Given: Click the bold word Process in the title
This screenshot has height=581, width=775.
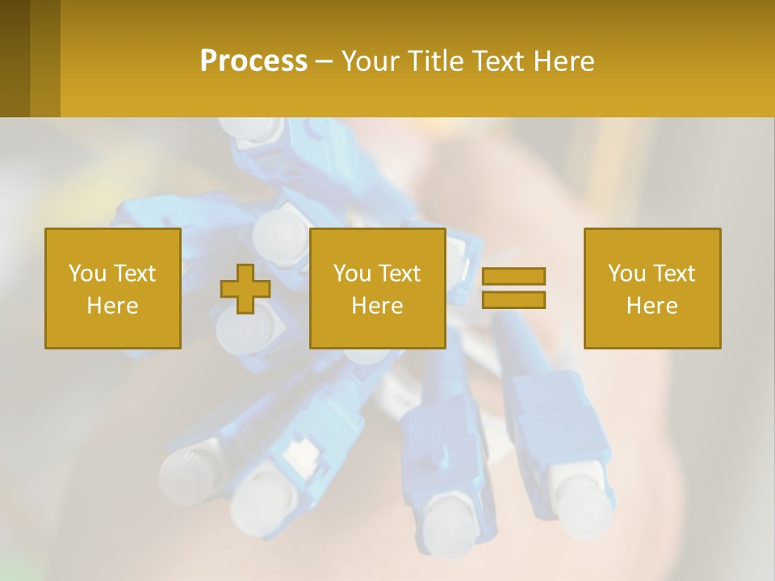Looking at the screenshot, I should coord(253,61).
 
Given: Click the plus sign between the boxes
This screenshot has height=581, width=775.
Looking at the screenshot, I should coord(245,289).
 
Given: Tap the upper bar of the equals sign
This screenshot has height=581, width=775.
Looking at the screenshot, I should coord(513,277).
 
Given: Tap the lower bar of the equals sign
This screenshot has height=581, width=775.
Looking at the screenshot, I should coord(513,299).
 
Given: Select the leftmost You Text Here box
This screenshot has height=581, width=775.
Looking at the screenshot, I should coord(113,289).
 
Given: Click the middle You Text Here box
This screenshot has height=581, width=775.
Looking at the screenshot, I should coord(378,289).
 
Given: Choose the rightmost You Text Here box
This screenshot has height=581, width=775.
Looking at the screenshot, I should coord(652,289).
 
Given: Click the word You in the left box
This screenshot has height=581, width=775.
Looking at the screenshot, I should coord(87,274).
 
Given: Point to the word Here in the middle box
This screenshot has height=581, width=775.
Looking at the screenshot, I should coord(378,306).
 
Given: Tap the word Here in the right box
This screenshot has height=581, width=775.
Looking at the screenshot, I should coord(652,306).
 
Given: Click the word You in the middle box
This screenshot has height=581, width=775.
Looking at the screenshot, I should coord(352,274).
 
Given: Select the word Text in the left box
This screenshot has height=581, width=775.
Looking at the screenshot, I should coord(135,274).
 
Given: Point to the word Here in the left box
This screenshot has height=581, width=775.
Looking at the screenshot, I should coord(113,306).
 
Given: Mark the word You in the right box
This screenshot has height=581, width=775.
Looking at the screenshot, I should coord(626,274).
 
